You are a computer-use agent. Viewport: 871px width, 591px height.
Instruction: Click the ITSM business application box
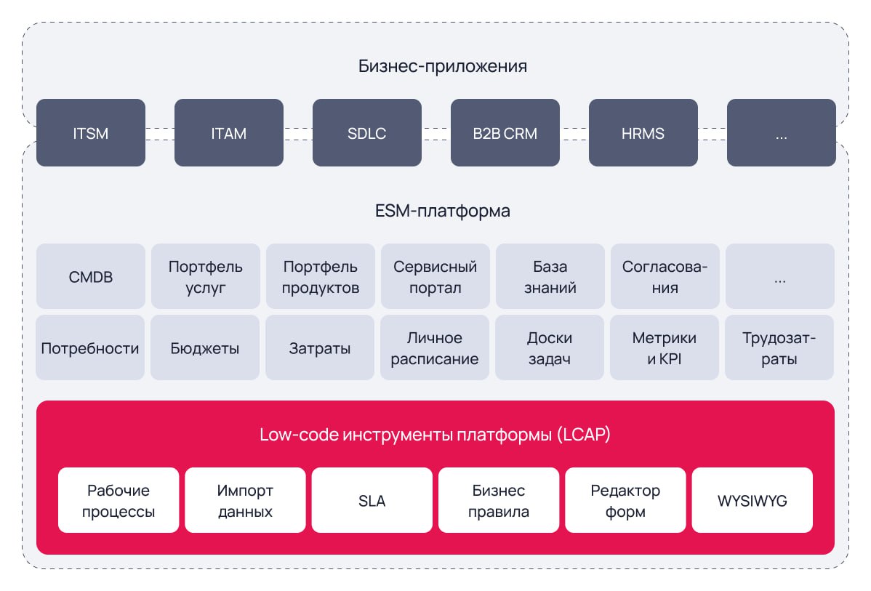(x=91, y=133)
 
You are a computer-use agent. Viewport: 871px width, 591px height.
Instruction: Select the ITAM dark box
(x=229, y=133)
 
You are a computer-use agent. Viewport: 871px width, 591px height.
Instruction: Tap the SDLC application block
(x=367, y=133)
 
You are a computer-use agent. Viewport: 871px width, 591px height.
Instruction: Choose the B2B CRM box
(x=505, y=133)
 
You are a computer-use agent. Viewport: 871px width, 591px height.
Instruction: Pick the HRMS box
(x=643, y=133)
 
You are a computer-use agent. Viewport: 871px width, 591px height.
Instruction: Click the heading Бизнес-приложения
(x=442, y=67)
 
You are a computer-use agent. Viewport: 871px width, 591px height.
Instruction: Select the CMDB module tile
(x=91, y=277)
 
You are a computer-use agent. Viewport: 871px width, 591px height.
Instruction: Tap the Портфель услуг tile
(x=206, y=277)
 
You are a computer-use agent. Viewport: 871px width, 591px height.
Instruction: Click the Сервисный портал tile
(x=435, y=277)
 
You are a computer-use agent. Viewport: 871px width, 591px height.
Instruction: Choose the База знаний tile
(x=550, y=277)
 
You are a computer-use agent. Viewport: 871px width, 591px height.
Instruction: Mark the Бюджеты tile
(x=205, y=348)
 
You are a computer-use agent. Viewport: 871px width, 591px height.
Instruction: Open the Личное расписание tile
(x=435, y=348)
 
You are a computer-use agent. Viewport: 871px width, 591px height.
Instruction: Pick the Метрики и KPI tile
(x=665, y=348)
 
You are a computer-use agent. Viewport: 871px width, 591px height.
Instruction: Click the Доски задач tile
(x=550, y=348)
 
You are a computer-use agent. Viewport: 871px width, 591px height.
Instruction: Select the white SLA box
(x=372, y=501)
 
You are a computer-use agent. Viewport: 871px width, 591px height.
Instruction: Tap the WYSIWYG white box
(x=752, y=501)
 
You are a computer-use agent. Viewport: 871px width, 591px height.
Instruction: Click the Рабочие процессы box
(x=119, y=501)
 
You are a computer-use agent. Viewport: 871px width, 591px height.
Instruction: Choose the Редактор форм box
(x=625, y=501)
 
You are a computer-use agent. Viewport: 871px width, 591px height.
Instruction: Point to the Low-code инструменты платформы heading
(x=435, y=435)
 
